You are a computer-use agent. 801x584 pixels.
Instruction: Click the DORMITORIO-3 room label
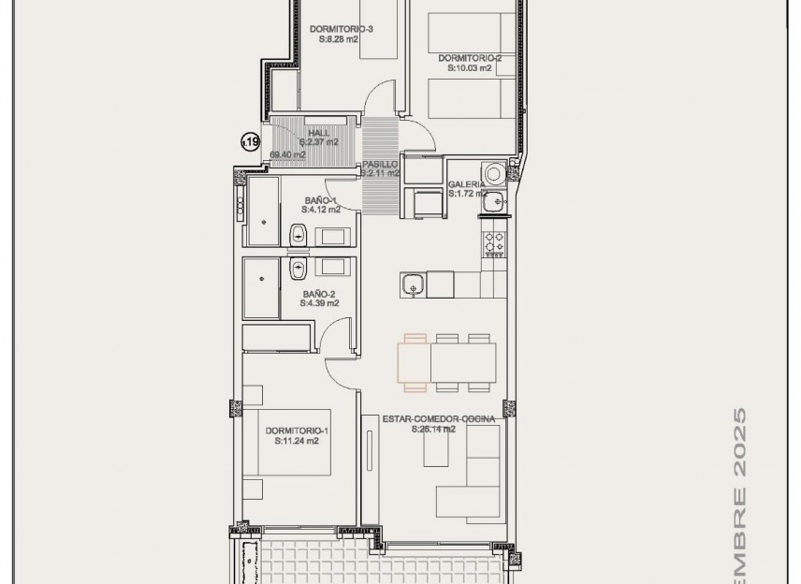click(x=341, y=29)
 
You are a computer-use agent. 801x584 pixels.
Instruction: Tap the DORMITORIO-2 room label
click(x=475, y=58)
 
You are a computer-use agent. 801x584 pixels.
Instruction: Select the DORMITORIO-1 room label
click(x=297, y=431)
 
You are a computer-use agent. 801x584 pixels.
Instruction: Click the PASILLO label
click(x=380, y=164)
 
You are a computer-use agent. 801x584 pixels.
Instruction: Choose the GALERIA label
click(x=466, y=184)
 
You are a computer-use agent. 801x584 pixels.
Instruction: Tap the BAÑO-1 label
click(x=320, y=201)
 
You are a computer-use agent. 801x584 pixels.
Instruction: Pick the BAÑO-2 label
click(x=319, y=293)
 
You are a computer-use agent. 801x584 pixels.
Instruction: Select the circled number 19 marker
click(x=250, y=141)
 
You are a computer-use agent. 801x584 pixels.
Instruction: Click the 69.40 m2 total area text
click(x=288, y=154)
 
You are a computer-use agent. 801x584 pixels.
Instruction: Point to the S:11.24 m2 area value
click(x=297, y=441)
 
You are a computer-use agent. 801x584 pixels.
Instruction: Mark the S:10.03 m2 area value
click(x=475, y=67)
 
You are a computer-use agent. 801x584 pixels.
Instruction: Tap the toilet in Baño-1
click(x=299, y=235)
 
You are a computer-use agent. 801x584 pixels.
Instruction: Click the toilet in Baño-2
click(x=299, y=270)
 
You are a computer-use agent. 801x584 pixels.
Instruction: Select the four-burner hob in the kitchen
click(x=493, y=244)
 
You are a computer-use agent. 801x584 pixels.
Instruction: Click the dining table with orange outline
click(x=446, y=363)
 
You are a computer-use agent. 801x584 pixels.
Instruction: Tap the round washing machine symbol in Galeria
click(x=493, y=173)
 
